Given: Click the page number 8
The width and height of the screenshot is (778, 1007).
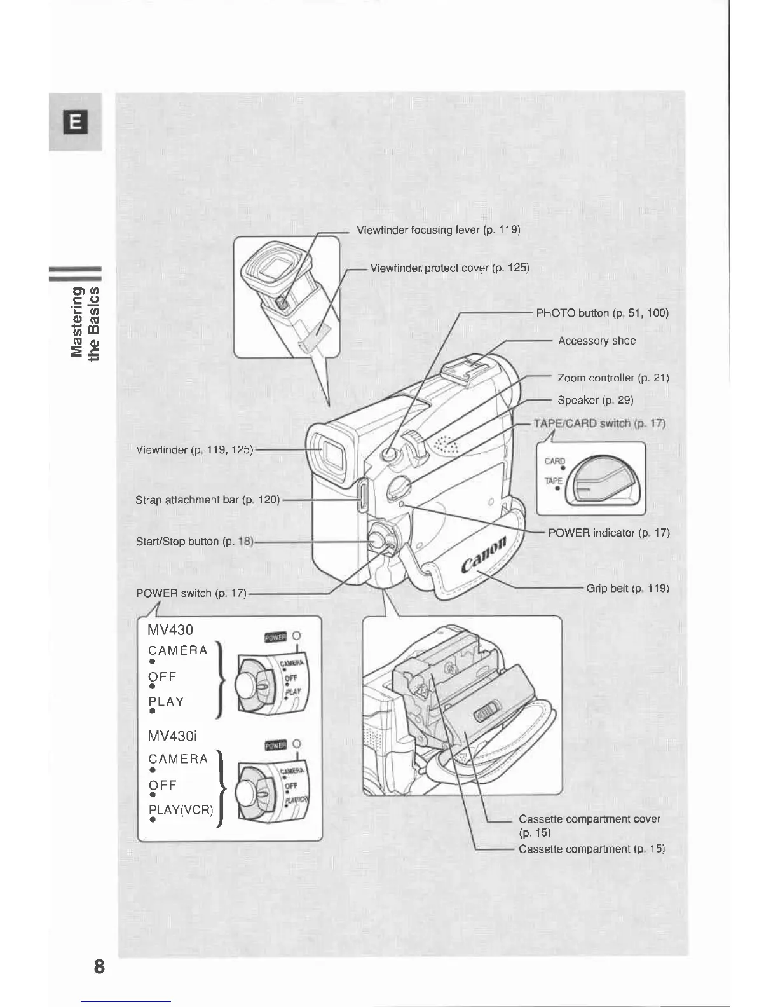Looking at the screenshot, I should [x=99, y=967].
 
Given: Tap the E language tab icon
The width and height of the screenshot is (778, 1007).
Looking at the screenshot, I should [x=76, y=121].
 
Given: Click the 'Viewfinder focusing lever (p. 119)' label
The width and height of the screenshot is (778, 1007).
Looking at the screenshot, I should [x=439, y=230].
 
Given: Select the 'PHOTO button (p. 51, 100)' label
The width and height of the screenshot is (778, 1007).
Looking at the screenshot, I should [x=602, y=313].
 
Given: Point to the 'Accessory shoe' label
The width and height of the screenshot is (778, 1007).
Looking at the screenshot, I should [x=596, y=341].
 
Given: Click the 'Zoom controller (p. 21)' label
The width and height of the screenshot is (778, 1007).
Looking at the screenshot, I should [x=613, y=378].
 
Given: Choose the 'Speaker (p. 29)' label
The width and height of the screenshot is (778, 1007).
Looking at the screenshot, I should [x=595, y=400].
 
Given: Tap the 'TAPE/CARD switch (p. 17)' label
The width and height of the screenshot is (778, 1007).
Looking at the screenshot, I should [x=599, y=423].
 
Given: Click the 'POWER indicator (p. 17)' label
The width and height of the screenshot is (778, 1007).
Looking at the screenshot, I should [x=608, y=533].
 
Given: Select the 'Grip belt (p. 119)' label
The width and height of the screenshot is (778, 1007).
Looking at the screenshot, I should [x=627, y=588].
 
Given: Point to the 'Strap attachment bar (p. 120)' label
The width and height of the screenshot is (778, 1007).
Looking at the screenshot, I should [x=207, y=500].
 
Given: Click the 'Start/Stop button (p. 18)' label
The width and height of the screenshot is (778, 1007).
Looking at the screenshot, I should [x=194, y=542].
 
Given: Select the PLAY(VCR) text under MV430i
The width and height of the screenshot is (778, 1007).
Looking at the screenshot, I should [x=181, y=810].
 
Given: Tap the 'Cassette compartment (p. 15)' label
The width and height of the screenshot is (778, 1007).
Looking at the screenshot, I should [x=591, y=849].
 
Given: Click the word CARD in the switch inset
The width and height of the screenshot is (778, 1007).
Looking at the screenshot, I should [x=554, y=462].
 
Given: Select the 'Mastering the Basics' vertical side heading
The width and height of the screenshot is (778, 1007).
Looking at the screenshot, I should [x=85, y=322].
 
